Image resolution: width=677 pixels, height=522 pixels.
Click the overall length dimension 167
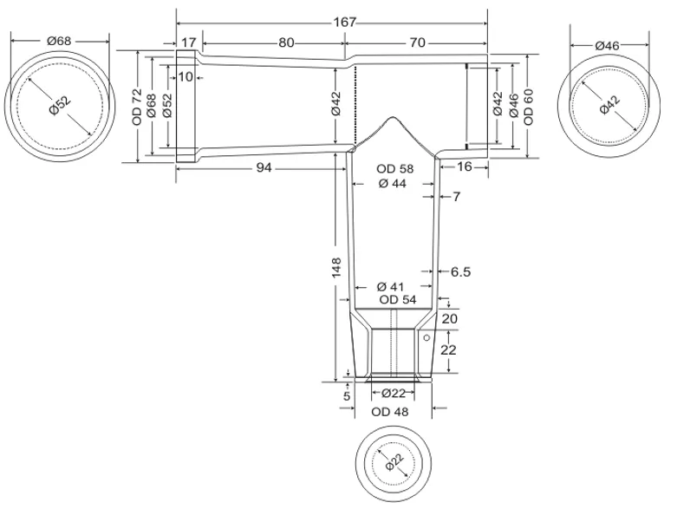pos(344,22)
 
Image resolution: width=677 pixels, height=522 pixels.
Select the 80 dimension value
pos(286,42)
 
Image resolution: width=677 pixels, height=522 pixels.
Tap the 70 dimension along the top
pos(418,42)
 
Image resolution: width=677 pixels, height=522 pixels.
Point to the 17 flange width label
pos(188,42)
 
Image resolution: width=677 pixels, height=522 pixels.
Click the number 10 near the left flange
pos(186,77)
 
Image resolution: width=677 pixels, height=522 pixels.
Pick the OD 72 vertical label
pos(137,107)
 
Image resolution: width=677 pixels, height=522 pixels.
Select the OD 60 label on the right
pos(529,107)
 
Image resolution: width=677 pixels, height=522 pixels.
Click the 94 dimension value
pos(264,167)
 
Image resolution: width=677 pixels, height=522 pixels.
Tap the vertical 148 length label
pos(336,268)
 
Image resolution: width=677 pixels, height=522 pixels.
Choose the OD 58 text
pos(394,169)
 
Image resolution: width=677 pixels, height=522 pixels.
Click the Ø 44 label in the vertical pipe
pos(393,184)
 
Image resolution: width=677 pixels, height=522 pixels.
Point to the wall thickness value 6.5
pos(460,272)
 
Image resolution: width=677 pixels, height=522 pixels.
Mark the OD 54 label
pos(398,300)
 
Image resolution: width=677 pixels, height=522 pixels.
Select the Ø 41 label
pos(390,287)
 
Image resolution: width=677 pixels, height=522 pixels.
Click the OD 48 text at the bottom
pos(390,412)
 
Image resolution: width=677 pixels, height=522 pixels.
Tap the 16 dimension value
pos(464,166)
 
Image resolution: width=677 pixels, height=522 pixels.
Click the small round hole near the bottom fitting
pos(426,337)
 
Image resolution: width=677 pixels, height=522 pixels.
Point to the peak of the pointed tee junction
pos(393,117)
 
